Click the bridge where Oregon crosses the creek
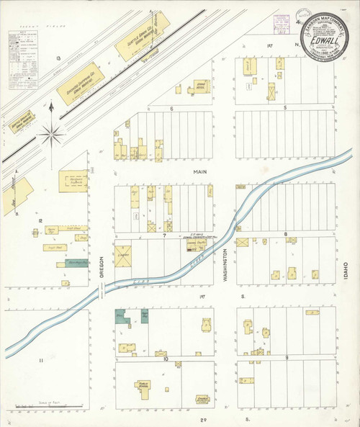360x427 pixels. pos(102,291)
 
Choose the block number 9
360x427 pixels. pos(286,358)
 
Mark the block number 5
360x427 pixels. pos(286,108)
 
